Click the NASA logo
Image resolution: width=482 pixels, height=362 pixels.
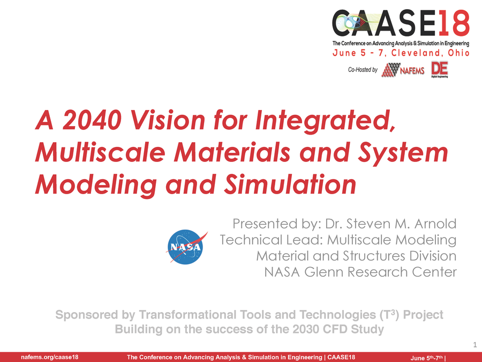pos(186,247)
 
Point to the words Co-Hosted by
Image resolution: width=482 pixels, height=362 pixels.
pos(363,70)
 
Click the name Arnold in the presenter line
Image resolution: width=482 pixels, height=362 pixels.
pos(434,223)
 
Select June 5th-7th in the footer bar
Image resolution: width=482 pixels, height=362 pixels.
pos(426,358)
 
